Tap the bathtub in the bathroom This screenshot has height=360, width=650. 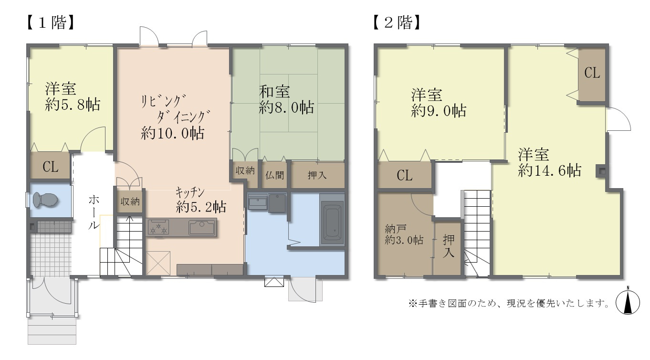[x=333, y=222]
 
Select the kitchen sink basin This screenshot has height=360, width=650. [x=202, y=227]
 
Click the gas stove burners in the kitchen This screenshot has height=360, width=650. [x=158, y=227]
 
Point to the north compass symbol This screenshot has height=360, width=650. [x=628, y=302]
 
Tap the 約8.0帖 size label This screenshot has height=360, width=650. [x=286, y=107]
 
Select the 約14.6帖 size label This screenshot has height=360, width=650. [x=549, y=170]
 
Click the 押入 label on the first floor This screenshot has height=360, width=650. [x=317, y=175]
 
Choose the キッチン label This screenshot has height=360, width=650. [x=189, y=192]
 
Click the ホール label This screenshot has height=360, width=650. [x=94, y=212]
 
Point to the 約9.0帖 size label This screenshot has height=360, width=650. [x=439, y=111]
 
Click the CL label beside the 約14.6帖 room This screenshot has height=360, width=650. [x=592, y=73]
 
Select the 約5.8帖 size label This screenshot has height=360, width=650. [x=73, y=105]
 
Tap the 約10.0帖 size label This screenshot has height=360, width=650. [x=173, y=133]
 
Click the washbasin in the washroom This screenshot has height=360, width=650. [x=258, y=202]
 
